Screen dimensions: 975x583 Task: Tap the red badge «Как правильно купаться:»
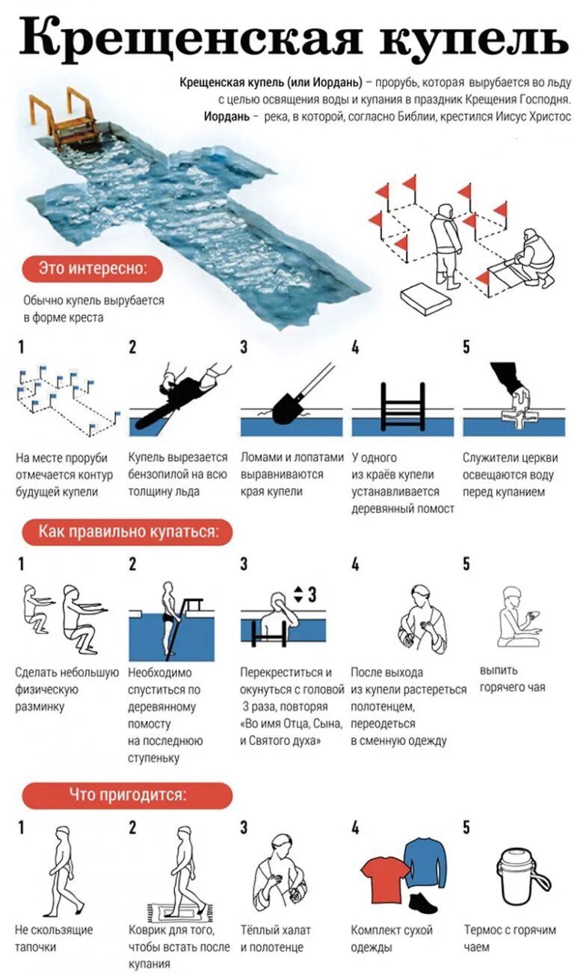(x=126, y=532)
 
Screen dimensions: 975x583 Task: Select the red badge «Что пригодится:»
(x=127, y=794)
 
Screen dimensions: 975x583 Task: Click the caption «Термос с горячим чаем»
(x=510, y=938)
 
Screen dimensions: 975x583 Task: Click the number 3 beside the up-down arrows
(x=312, y=594)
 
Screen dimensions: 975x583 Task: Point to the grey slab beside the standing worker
(x=425, y=299)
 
